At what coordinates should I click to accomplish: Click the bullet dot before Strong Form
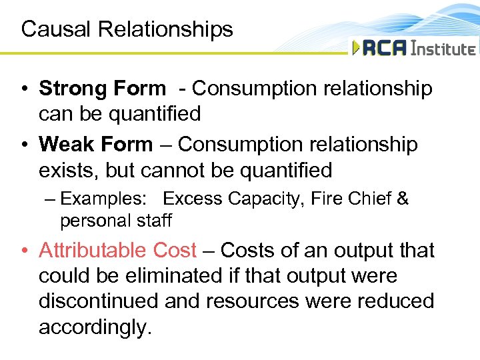point(25,89)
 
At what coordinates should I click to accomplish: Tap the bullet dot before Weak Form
point(25,145)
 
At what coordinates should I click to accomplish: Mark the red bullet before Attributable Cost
point(25,251)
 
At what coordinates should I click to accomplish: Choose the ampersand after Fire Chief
point(402,199)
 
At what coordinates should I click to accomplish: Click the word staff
point(154,220)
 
